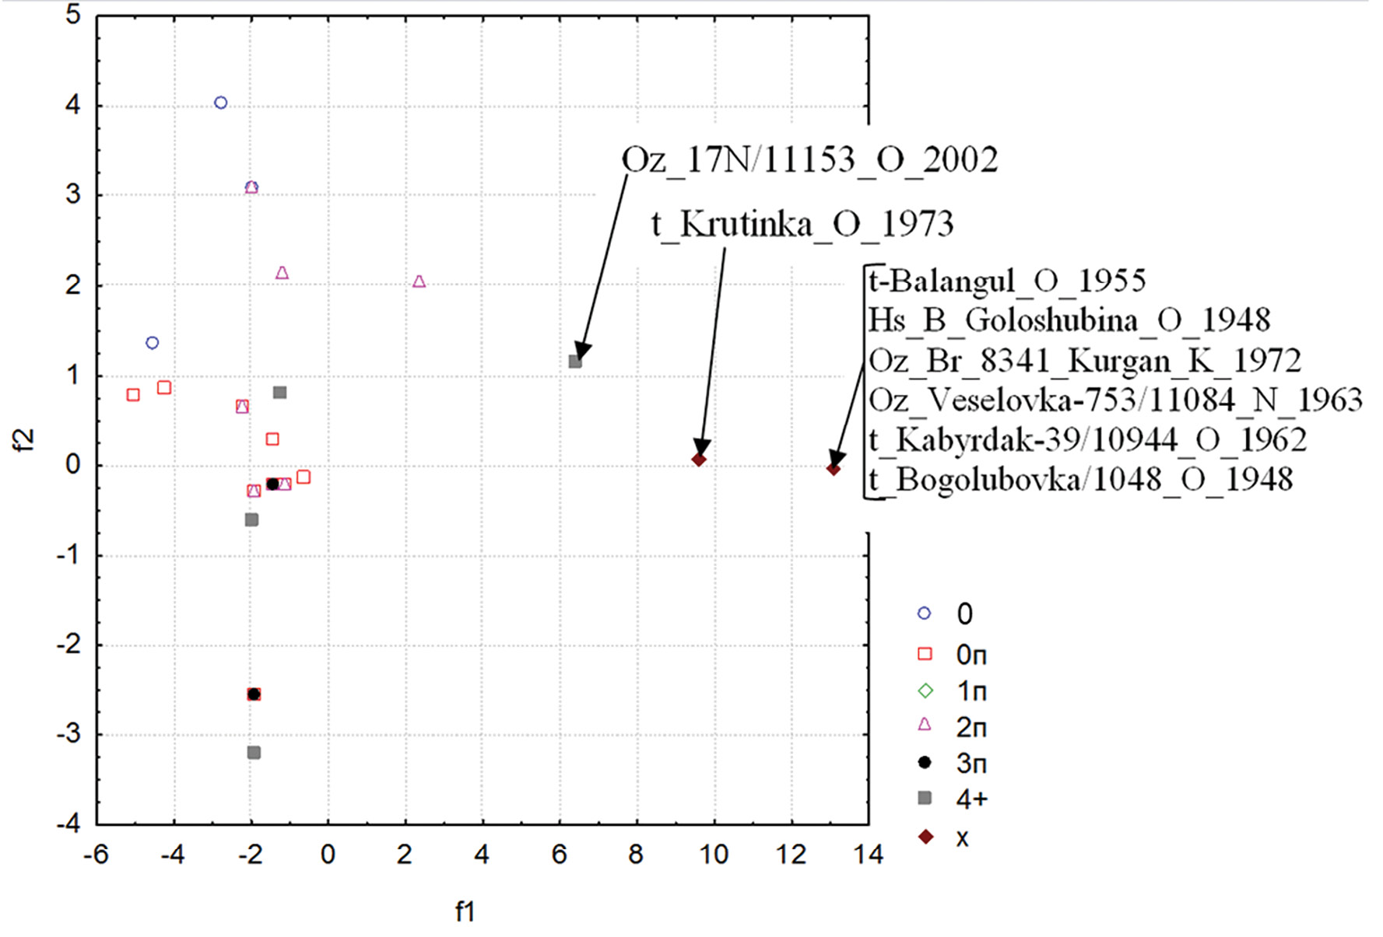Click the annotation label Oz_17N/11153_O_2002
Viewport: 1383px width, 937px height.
tap(809, 160)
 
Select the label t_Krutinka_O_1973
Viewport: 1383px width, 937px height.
tap(802, 225)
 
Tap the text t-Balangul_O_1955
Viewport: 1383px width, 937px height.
tap(1007, 281)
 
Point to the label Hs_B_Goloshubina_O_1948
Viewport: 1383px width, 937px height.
tap(1069, 320)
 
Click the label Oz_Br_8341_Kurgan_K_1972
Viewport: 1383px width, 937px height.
tap(1085, 361)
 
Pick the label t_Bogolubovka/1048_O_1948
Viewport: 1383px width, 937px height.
tap(1081, 480)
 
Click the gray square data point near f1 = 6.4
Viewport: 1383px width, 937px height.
tap(575, 362)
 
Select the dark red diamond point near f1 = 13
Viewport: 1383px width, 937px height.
tap(834, 469)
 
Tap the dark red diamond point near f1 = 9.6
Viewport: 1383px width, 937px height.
tap(699, 460)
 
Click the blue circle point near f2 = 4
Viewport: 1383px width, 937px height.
tap(221, 103)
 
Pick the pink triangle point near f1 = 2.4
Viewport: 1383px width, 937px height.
tap(419, 281)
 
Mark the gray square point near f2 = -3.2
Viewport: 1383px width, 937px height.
tap(254, 753)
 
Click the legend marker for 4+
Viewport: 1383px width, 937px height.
tap(925, 798)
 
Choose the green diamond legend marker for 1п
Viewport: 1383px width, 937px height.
tap(925, 691)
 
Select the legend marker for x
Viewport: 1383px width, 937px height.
tap(925, 837)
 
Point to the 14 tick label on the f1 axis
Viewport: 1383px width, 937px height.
tap(868, 855)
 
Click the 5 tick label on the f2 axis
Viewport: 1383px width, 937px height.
tap(73, 15)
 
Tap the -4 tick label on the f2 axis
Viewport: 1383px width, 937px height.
tap(68, 823)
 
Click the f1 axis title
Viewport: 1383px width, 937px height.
tap(465, 911)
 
